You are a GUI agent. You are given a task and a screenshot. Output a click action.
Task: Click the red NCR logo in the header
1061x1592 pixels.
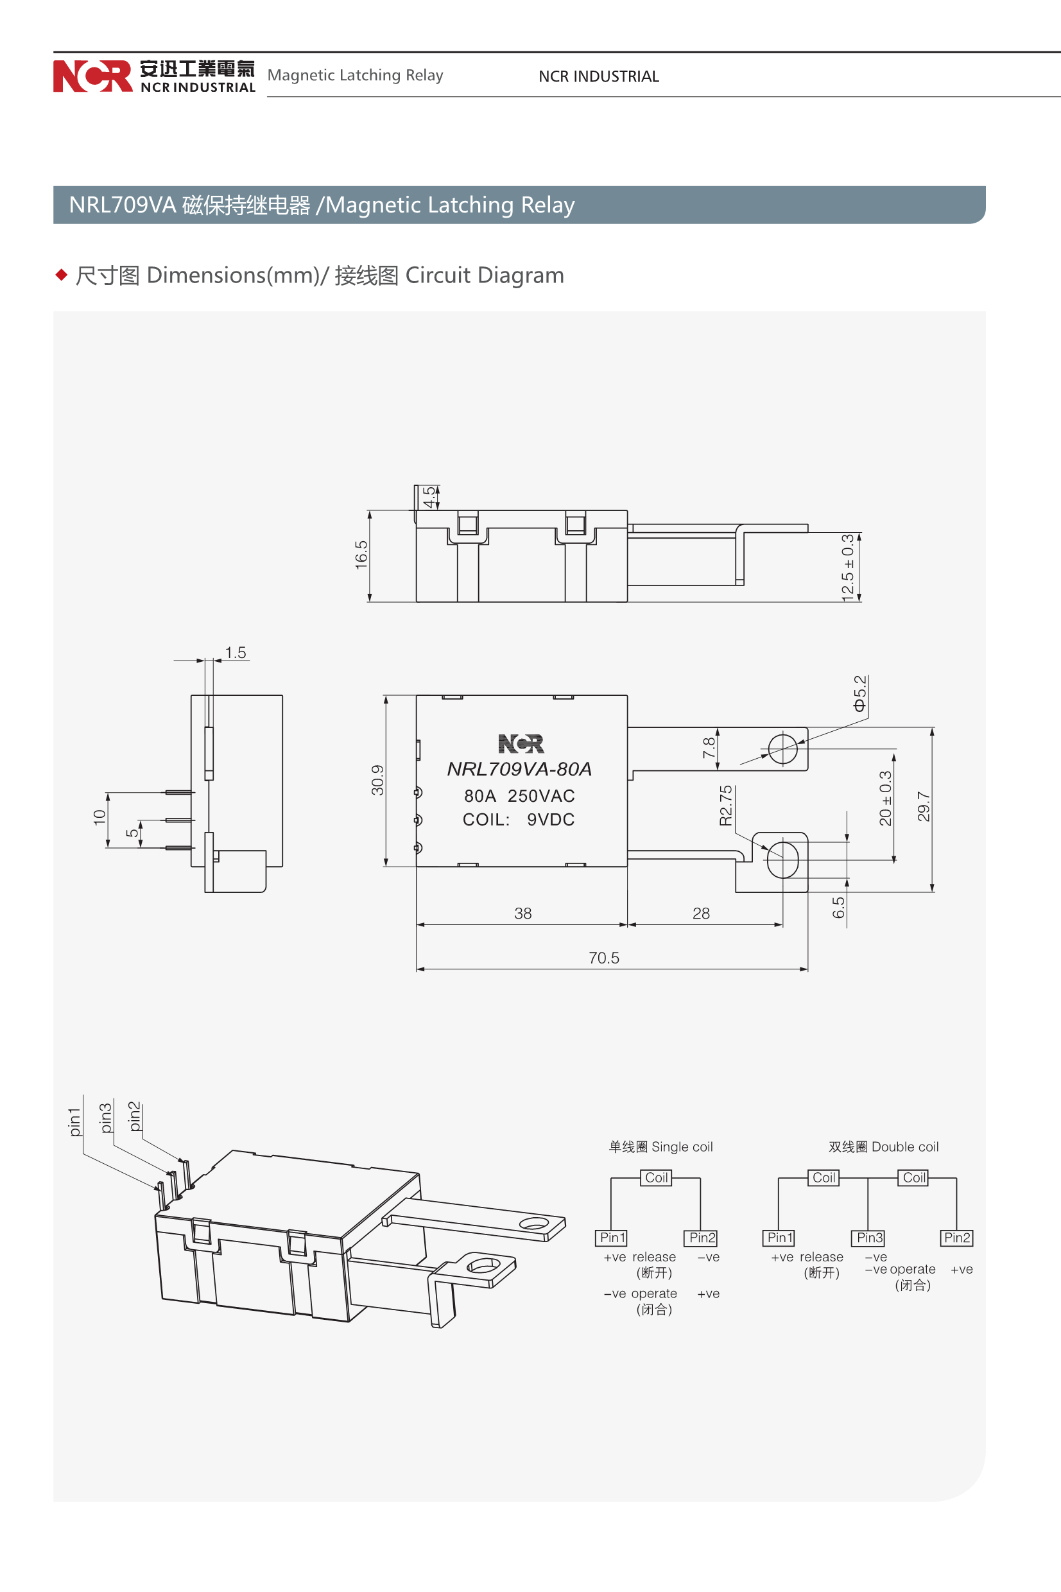(92, 76)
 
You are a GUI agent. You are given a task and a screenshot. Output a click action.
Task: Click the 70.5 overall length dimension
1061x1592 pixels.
(603, 957)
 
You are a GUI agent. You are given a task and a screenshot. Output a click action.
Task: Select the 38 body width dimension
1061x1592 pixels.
(523, 913)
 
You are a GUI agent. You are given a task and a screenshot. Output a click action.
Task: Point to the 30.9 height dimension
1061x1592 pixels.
(377, 779)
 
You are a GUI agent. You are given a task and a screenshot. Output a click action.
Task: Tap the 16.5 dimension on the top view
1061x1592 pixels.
(361, 555)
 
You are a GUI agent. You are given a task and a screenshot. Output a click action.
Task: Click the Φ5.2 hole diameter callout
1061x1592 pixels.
(859, 693)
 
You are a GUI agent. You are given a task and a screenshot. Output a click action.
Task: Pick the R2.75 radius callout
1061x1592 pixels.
(725, 805)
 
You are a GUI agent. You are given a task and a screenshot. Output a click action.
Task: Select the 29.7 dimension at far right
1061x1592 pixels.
(923, 806)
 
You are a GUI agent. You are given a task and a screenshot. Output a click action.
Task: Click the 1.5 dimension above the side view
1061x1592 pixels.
(236, 652)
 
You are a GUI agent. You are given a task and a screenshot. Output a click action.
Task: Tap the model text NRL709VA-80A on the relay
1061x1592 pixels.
(520, 769)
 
